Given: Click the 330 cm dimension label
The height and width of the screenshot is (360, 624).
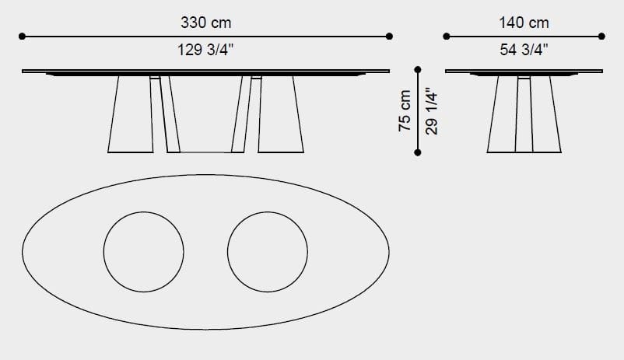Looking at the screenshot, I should pyautogui.click(x=205, y=24).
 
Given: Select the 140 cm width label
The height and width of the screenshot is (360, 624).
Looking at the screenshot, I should pyautogui.click(x=524, y=24).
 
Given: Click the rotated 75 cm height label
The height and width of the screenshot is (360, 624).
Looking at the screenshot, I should pyautogui.click(x=405, y=110).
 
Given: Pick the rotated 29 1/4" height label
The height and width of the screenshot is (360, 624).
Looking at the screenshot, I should pyautogui.click(x=433, y=110).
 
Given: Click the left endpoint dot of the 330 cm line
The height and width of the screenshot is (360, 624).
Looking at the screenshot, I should pyautogui.click(x=23, y=36).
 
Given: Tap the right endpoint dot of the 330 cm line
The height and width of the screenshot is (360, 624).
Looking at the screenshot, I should pyautogui.click(x=389, y=36).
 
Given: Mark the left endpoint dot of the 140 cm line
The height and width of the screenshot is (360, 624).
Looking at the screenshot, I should pyautogui.click(x=447, y=36).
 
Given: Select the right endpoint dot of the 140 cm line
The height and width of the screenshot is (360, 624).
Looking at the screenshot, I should pyautogui.click(x=601, y=36).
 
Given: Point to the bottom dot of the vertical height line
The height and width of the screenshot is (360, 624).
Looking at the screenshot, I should pyautogui.click(x=418, y=152).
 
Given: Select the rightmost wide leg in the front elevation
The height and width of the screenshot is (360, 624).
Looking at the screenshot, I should pyautogui.click(x=280, y=114).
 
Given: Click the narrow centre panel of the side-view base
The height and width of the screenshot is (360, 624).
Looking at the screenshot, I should pyautogui.click(x=524, y=114).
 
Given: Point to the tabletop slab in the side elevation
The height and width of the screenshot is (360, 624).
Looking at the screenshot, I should pyautogui.click(x=524, y=72).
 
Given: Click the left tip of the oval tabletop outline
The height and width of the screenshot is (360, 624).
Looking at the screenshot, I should pyautogui.click(x=23, y=251).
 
